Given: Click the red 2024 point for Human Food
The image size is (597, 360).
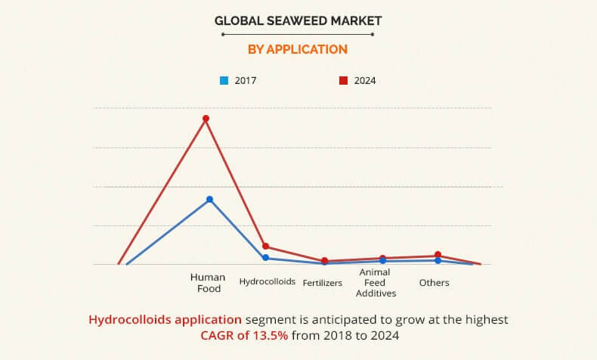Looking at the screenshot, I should [x=206, y=119].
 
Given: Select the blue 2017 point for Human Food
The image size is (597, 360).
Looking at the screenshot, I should [x=209, y=200].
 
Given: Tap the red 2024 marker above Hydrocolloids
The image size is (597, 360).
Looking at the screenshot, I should [x=265, y=247].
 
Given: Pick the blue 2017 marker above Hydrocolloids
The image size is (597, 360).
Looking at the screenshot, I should [x=265, y=258].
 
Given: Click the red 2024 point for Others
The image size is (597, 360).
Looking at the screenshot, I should [x=438, y=256].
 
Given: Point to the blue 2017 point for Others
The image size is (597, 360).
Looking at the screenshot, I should [x=438, y=261].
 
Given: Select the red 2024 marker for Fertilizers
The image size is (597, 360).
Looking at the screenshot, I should [x=324, y=261].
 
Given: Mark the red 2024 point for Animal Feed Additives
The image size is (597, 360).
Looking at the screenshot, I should [x=382, y=258].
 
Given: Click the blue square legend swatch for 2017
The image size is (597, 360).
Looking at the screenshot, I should [x=224, y=80].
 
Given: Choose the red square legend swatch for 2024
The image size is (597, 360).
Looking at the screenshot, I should [x=342, y=80].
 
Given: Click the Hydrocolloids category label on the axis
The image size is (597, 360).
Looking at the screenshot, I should [x=266, y=282].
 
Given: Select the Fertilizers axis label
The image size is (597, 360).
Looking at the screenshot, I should [x=323, y=283].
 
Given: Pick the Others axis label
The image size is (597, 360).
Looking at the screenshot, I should [x=434, y=283].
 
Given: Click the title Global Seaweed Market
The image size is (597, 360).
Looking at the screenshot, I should [x=298, y=22].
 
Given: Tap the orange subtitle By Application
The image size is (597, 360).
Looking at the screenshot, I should [x=298, y=49].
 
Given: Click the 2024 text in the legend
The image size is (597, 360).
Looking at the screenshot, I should [x=364, y=80].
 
